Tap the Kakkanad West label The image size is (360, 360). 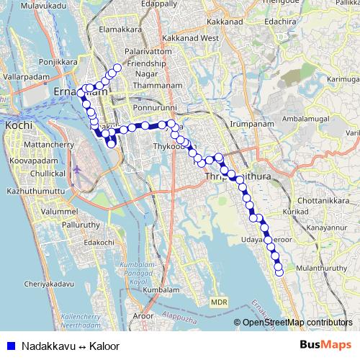pyautogui.click(x=190, y=37)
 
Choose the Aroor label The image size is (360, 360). pyautogui.click(x=144, y=315)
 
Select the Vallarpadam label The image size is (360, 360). pyautogui.click(x=25, y=75)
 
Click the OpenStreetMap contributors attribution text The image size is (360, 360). pyautogui.click(x=297, y=322)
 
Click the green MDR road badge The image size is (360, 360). pyautogui.click(x=218, y=302)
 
